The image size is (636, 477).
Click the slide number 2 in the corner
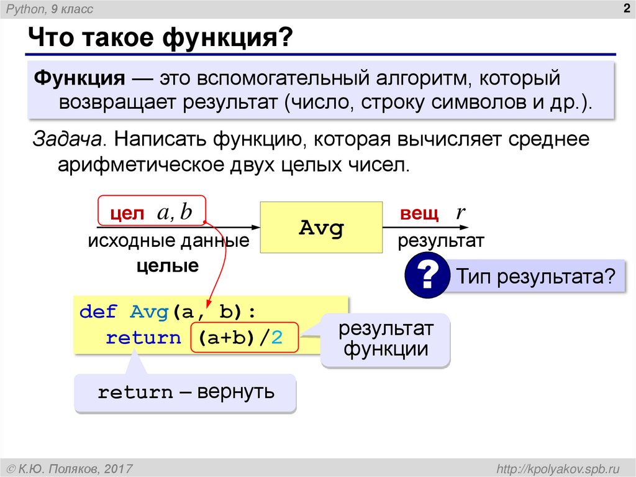tap(625, 8)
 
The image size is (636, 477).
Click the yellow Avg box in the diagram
tap(320, 227)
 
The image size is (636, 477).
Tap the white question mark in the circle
tap(427, 276)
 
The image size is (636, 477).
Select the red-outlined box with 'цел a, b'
tap(152, 213)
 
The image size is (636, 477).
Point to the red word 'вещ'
tap(419, 213)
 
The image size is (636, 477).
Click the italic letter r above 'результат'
tap(460, 213)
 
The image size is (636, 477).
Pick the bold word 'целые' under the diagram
tap(168, 266)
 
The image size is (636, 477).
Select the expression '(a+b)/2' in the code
tap(245, 338)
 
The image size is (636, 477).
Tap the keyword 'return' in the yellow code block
tap(143, 338)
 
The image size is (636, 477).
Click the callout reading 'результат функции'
tap(386, 340)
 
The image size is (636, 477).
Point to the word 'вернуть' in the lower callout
tap(235, 392)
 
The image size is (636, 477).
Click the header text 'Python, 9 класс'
tap(49, 9)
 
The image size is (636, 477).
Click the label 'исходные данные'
tap(168, 241)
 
